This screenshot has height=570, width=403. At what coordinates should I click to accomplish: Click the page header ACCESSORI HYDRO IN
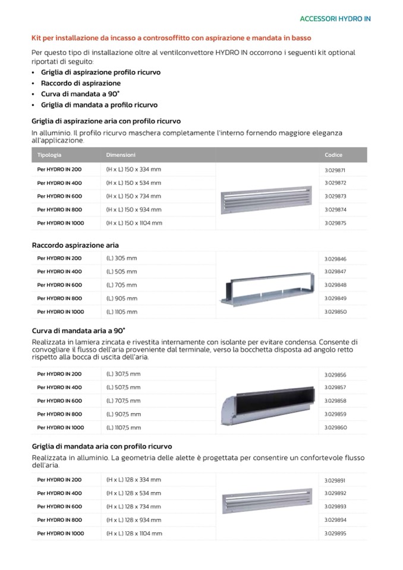click(335, 19)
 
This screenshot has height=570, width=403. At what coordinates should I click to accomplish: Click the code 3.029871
click(335, 169)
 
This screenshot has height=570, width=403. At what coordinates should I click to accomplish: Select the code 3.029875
click(335, 223)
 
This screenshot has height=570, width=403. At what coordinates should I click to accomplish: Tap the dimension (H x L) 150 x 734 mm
click(133, 196)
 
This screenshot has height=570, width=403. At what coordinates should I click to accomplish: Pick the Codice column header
click(333, 155)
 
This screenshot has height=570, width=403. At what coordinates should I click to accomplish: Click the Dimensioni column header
click(121, 155)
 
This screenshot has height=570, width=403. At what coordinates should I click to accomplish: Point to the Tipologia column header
click(49, 155)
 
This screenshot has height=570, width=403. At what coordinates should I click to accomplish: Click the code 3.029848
click(335, 285)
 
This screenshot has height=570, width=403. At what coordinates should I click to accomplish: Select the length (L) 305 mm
click(121, 259)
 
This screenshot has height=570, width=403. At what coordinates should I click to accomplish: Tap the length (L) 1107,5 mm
click(124, 427)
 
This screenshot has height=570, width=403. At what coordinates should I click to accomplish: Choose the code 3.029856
click(335, 374)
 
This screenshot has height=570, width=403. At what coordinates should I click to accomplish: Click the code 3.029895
click(335, 533)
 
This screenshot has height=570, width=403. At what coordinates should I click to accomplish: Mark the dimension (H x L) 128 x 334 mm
click(133, 480)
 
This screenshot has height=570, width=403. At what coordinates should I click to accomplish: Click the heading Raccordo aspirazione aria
click(75, 245)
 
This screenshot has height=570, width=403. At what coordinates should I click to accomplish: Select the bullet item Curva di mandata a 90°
click(80, 94)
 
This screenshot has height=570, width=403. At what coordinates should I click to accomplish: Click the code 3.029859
click(335, 414)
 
